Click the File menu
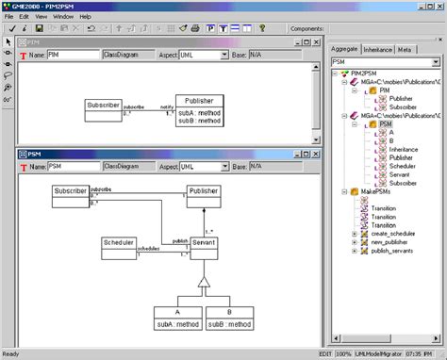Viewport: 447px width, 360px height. click(8, 17)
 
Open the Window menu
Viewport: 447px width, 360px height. click(62, 17)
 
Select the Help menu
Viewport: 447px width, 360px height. click(85, 17)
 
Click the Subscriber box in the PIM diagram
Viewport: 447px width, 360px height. click(103, 106)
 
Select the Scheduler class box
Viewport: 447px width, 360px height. click(118, 247)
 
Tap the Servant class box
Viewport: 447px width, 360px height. click(206, 242)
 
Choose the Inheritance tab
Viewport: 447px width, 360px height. click(378, 48)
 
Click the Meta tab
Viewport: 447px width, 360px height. click(405, 48)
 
